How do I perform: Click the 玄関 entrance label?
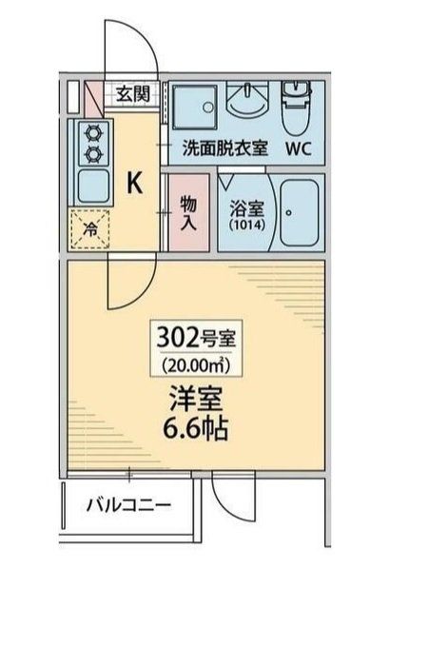(133, 93)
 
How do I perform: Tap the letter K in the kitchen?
(136, 184)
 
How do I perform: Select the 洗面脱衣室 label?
(225, 148)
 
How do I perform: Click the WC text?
(295, 148)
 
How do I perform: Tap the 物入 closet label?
(187, 211)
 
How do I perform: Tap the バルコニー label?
(129, 504)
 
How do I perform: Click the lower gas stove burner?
(92, 152)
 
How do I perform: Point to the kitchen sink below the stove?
(92, 185)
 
